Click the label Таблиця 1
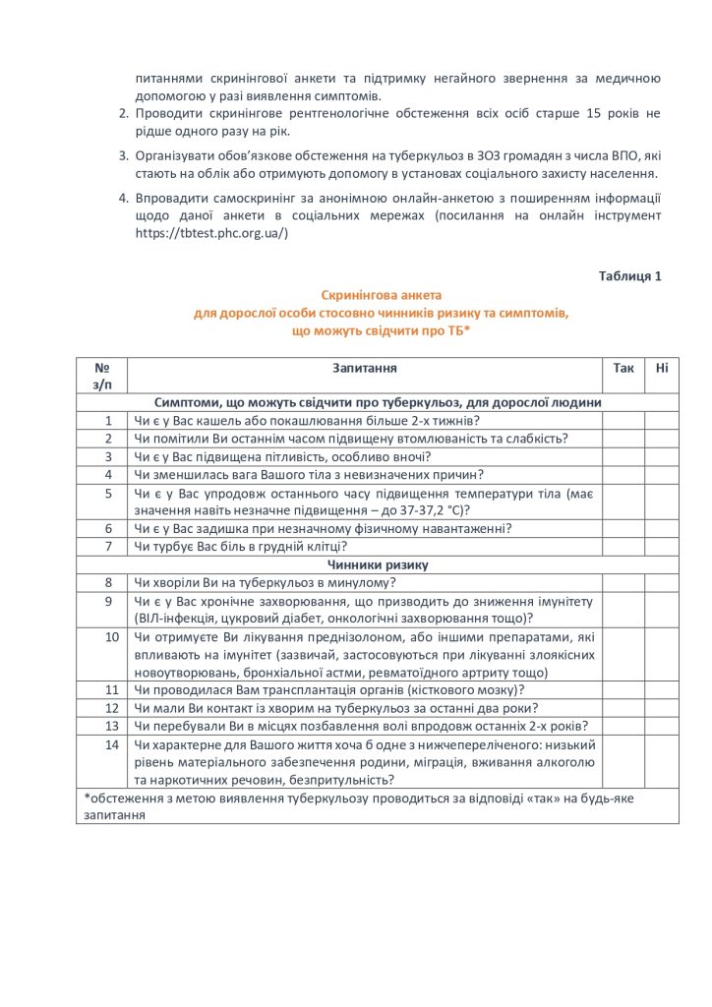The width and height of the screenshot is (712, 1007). pos(629,275)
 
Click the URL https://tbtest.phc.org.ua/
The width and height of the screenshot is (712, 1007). pos(211,233)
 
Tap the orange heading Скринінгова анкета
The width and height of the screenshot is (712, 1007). pos(382,295)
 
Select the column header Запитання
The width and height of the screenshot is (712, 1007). pos(364,367)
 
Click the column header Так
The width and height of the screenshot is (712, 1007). pos(623,367)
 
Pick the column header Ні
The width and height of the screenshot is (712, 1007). pos(661,367)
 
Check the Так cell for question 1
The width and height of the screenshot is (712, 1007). pos(623,420)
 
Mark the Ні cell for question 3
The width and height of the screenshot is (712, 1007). pos(661,456)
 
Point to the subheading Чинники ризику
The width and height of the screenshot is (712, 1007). pos(377,564)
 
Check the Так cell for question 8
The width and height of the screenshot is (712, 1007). pos(623,582)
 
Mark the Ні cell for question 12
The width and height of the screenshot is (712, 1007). pos(661,708)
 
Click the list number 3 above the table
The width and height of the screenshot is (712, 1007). pos(124,155)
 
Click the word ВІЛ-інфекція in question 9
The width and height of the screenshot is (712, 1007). pos(176,618)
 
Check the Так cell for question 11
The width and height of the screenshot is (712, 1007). pos(623,690)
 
